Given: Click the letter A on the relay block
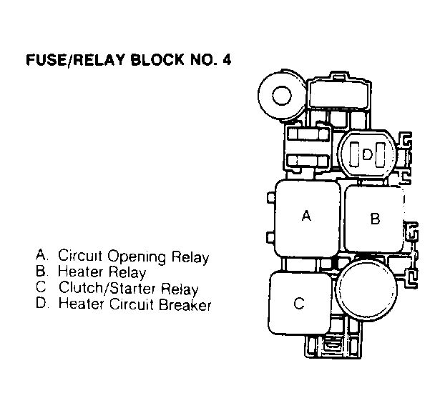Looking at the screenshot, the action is [x=306, y=216].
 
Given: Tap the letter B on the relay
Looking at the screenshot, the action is [x=375, y=219].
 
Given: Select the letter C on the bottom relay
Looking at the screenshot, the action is [x=299, y=303].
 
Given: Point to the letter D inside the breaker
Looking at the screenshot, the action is [x=367, y=154].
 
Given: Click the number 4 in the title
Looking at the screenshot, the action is [x=227, y=60].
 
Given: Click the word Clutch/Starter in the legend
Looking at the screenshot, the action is [x=107, y=288].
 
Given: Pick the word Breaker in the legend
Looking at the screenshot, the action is [x=185, y=304].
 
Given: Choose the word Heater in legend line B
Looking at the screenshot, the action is [x=80, y=272].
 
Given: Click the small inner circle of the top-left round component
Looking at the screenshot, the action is [x=282, y=95].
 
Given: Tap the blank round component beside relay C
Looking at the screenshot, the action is [x=366, y=291].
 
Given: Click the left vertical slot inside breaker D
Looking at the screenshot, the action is [x=354, y=154].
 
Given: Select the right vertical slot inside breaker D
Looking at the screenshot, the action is [x=380, y=155].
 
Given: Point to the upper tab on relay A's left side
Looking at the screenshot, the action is [x=271, y=197].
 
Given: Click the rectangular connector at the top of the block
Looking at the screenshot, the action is [x=339, y=94].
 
